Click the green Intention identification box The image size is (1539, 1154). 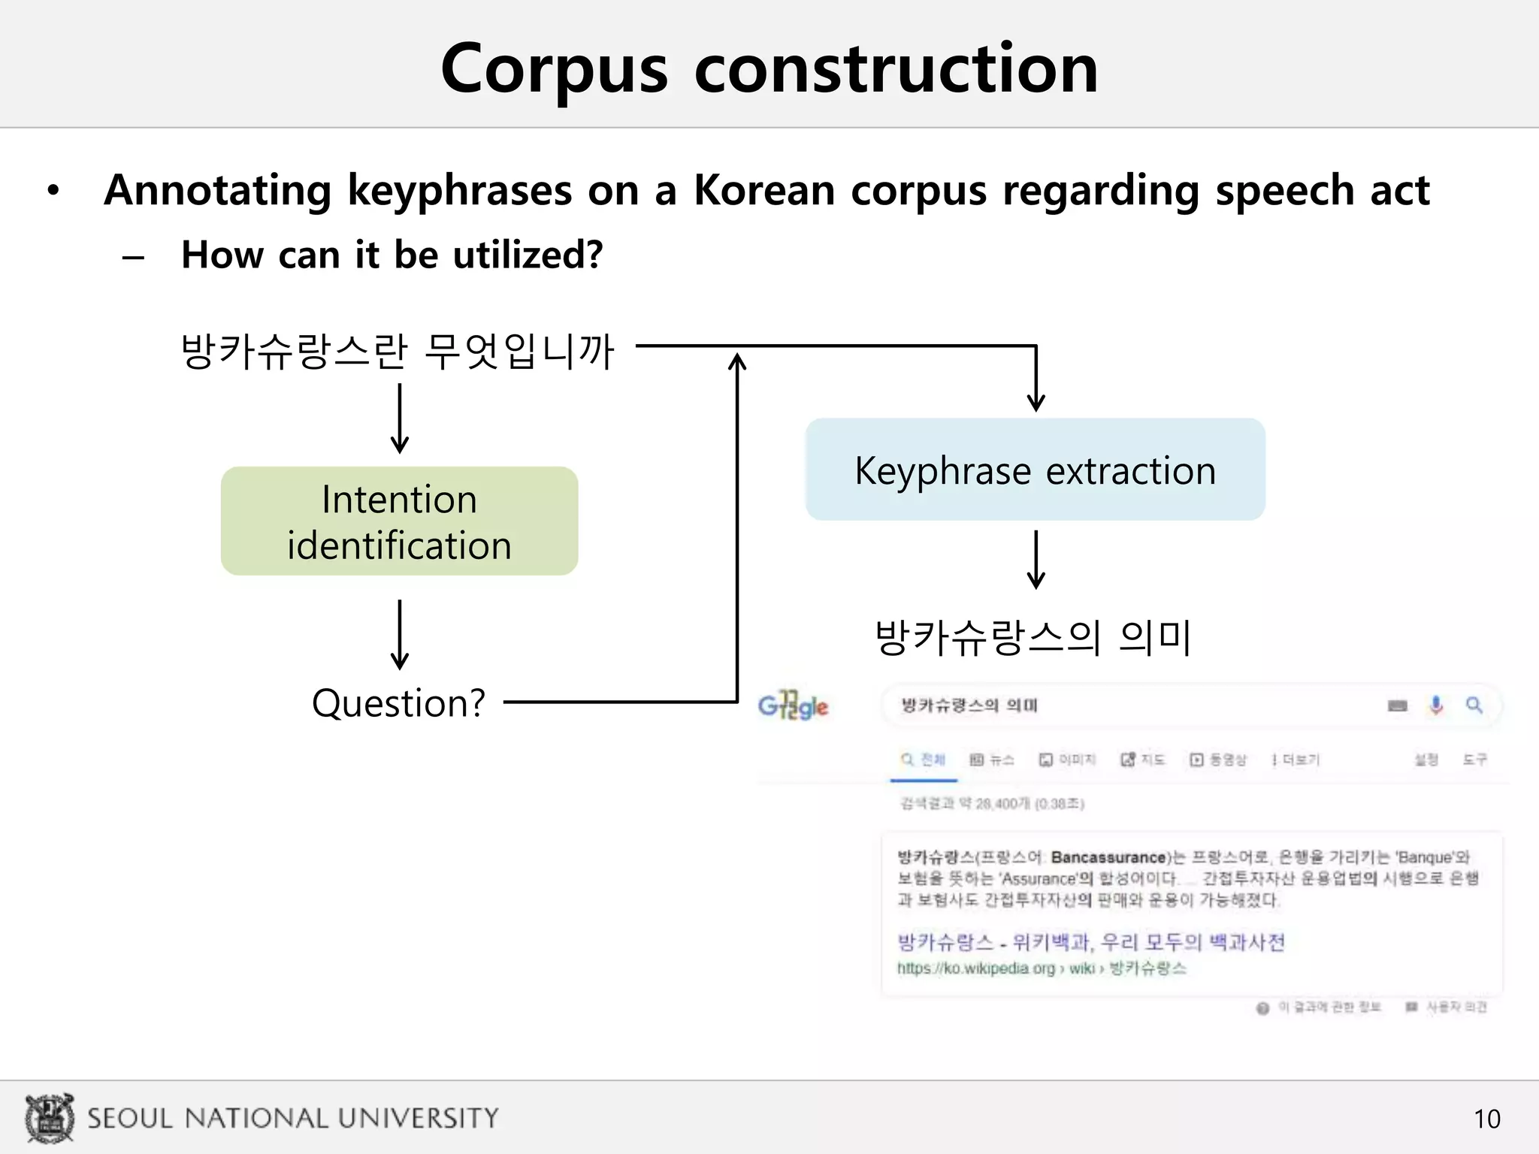pyautogui.click(x=399, y=521)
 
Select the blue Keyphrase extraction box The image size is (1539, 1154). pyautogui.click(x=1035, y=470)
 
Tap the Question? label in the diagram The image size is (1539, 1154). pyautogui.click(x=398, y=703)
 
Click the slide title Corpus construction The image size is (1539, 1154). pyautogui.click(x=769, y=68)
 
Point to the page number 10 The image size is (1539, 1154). pyautogui.click(x=1486, y=1119)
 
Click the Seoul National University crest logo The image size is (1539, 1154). pyautogui.click(x=50, y=1118)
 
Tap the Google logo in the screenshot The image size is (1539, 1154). pyautogui.click(x=793, y=705)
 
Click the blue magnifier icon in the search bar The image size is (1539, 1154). pyautogui.click(x=1474, y=705)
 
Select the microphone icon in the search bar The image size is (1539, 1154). pyautogui.click(x=1436, y=705)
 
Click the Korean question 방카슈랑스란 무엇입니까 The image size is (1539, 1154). pyautogui.click(x=398, y=351)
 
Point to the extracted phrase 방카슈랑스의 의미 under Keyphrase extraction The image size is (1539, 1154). pyautogui.click(x=1034, y=638)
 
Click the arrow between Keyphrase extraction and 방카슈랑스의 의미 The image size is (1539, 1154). pyautogui.click(x=1036, y=560)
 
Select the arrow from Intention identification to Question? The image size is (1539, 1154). pyautogui.click(x=400, y=634)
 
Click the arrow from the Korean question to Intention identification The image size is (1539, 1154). pyautogui.click(x=400, y=418)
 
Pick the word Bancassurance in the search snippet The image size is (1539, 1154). pyautogui.click(x=1108, y=857)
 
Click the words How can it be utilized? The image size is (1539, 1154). pyautogui.click(x=392, y=255)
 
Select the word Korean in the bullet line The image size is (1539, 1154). pyautogui.click(x=763, y=189)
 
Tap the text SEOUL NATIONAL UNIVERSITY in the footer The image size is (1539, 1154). pyautogui.click(x=293, y=1118)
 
